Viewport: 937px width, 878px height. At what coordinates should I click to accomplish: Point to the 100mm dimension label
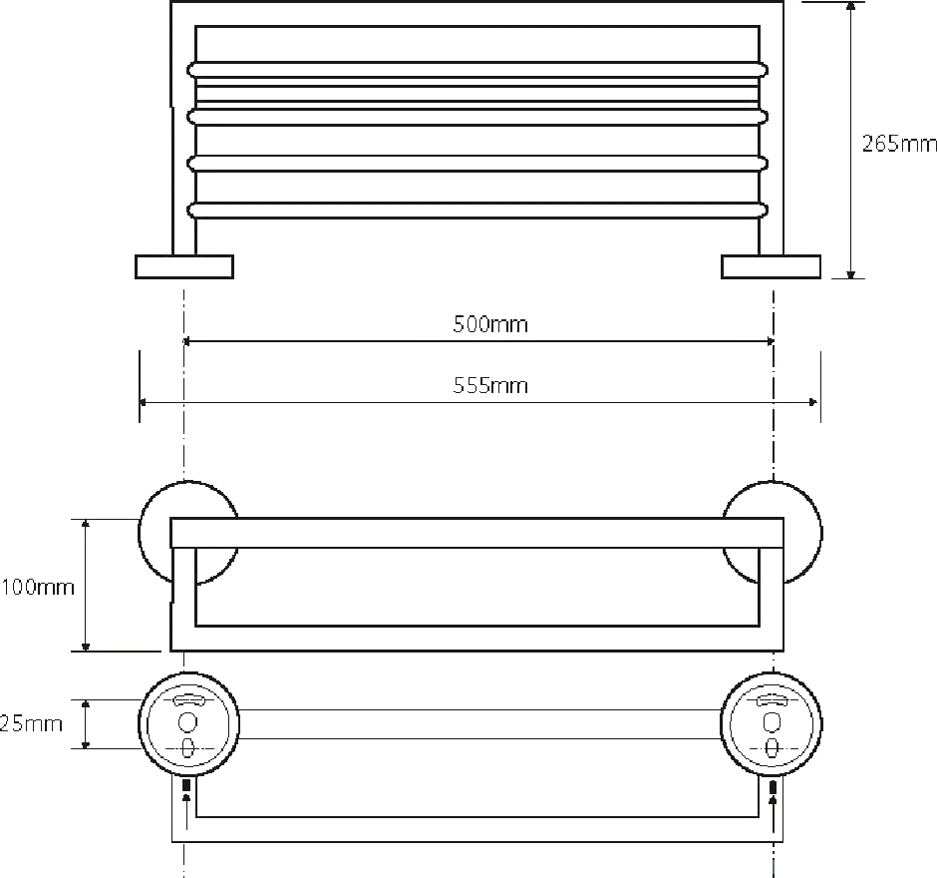[x=37, y=587]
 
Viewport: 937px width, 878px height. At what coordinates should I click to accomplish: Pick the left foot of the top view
[x=184, y=266]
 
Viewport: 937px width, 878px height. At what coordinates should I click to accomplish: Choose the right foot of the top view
[x=771, y=266]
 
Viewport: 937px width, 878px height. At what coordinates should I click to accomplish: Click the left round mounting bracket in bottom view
[x=188, y=723]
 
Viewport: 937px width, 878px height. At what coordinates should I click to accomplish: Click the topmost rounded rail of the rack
[x=479, y=69]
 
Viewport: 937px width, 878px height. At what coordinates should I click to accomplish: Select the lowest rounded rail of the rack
[x=479, y=210]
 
